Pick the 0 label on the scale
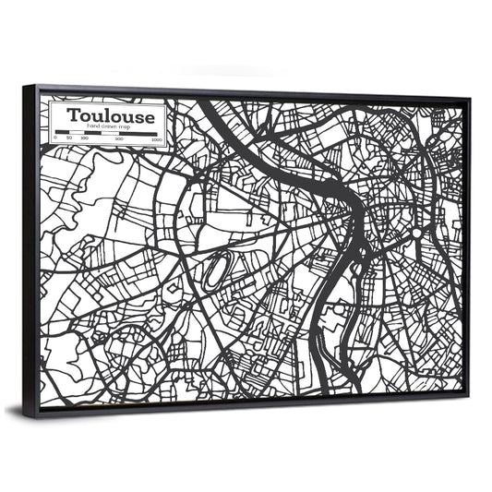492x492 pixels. tap(55, 138)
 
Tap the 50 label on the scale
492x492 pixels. tap(70, 138)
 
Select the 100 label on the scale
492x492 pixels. tap(84, 138)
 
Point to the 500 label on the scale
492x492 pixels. tap(119, 139)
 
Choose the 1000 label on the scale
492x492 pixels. tap(156, 140)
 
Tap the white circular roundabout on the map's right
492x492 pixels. tap(417, 234)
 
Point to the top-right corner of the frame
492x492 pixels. tap(468, 98)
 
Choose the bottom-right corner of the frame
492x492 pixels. tap(467, 395)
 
